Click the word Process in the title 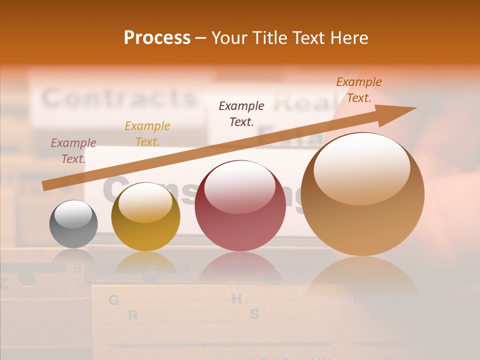pos(157,38)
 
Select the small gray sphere pos(73,224)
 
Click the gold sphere pos(145,216)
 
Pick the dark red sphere pos(240,205)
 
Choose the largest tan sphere pos(362,194)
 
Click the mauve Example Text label pos(73,151)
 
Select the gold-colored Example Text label pos(147,134)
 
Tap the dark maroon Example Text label pos(241,113)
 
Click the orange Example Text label pos(358,90)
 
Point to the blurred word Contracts pos(118,98)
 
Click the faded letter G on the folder pos(113,300)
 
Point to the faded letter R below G pos(133,315)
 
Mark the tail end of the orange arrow pos(45,186)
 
